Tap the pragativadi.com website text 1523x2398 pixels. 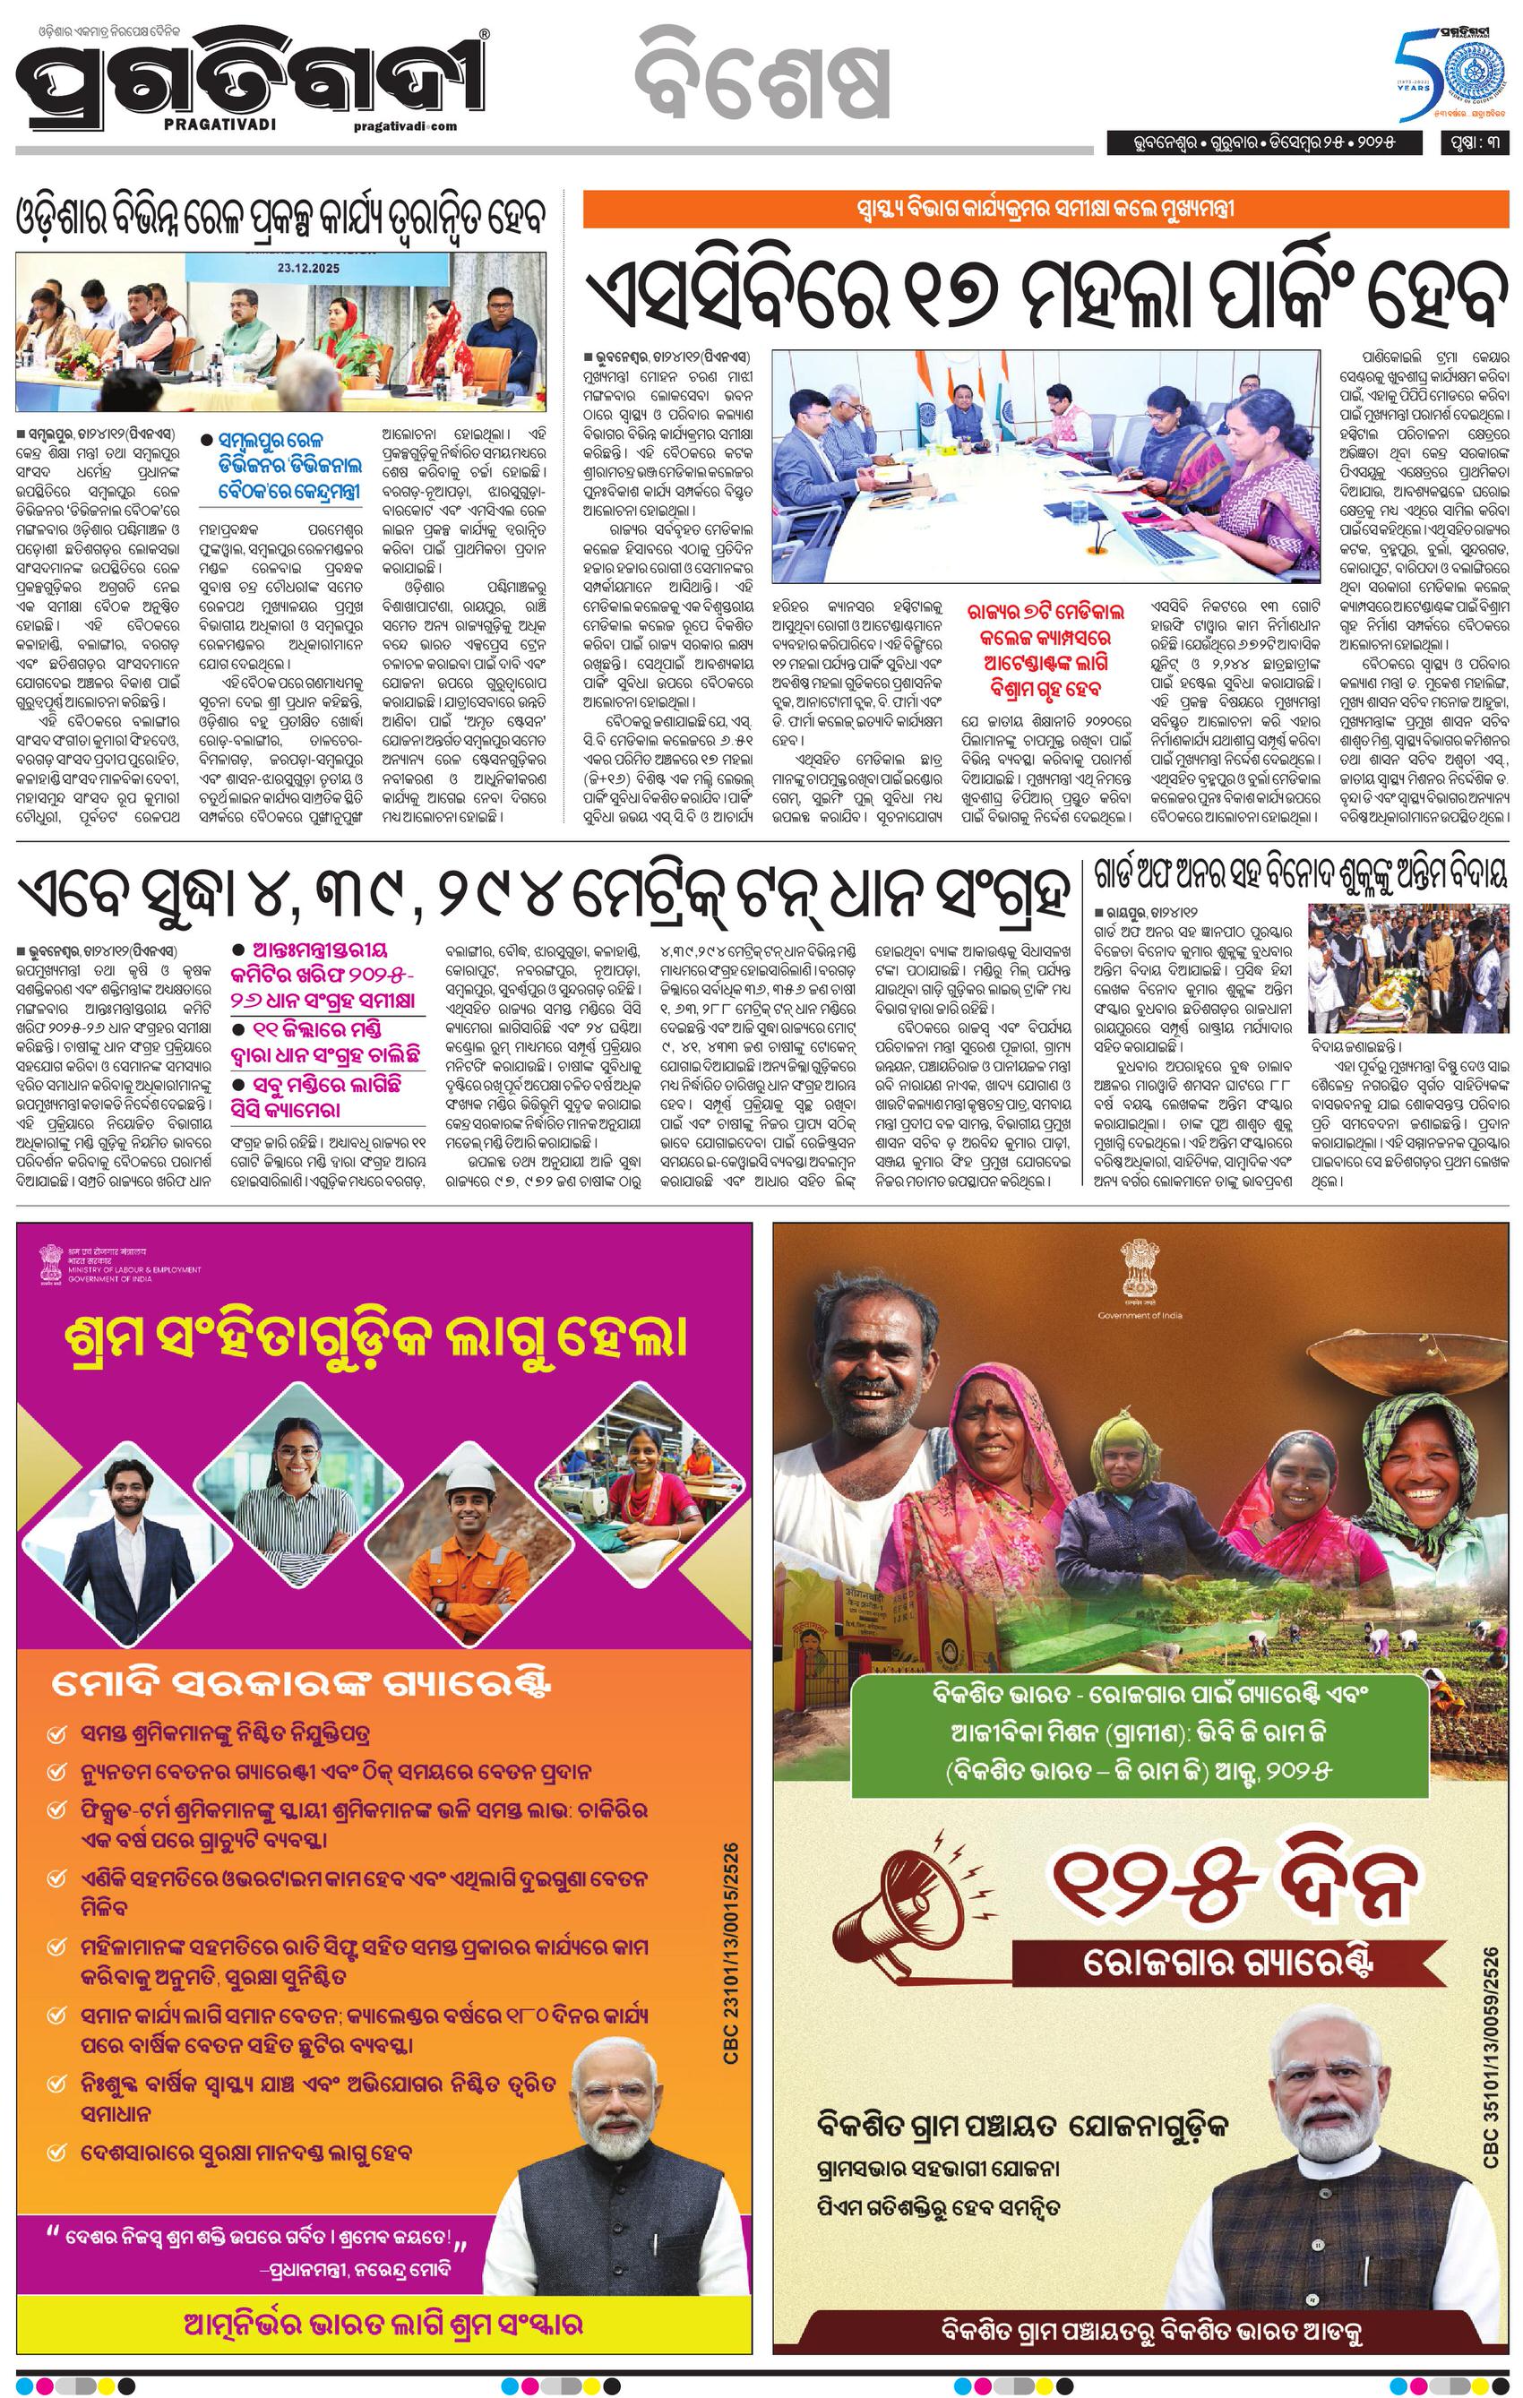[403, 125]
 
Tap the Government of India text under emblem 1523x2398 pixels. [1140, 1316]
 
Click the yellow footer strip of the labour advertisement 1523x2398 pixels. [383, 2325]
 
